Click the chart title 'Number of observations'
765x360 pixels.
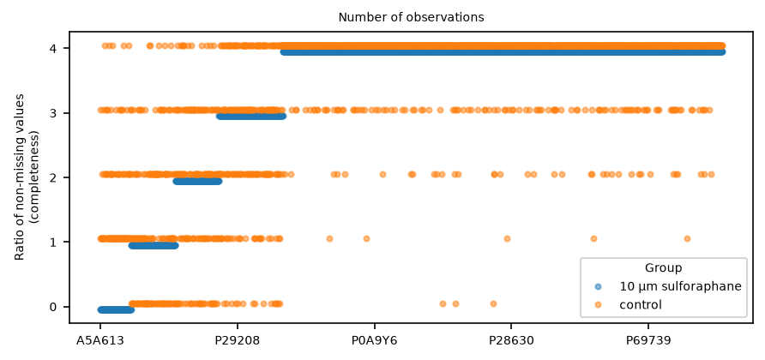411,17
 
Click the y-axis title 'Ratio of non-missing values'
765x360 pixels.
19,177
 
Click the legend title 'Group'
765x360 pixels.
663,267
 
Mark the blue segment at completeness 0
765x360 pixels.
116,309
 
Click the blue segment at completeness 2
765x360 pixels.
197,182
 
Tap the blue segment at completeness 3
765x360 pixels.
251,117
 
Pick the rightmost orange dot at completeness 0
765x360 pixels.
493,304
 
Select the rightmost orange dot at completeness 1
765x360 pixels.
688,238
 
